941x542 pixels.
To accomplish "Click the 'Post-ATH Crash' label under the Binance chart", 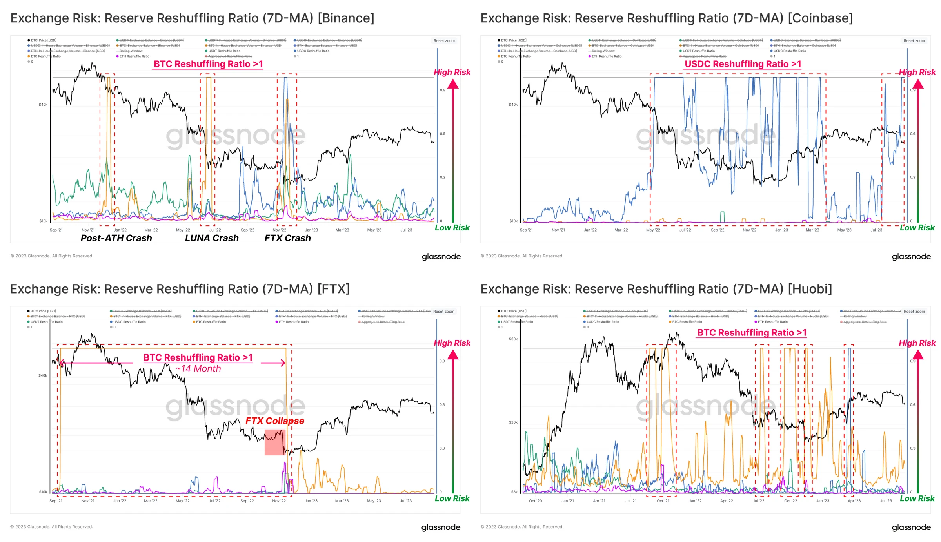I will (116, 238).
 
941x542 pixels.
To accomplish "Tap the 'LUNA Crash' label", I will (212, 238).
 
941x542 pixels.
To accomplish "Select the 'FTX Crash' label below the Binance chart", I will (287, 238).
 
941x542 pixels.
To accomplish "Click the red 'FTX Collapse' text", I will (274, 421).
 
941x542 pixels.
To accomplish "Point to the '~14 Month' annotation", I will (198, 369).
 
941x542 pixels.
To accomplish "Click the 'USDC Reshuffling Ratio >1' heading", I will (743, 64).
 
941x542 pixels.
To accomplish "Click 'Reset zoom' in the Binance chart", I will (444, 41).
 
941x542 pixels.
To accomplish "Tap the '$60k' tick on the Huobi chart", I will (513, 339).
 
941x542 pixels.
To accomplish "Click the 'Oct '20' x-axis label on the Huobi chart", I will (535, 501).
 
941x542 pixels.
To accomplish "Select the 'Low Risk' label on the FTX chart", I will (452, 498).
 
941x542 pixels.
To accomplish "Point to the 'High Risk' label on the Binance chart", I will (452, 72).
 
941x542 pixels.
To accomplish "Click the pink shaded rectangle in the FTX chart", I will (274, 442).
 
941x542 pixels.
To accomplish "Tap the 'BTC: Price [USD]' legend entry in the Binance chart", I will (44, 40).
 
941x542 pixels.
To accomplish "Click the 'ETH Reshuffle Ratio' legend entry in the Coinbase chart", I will (606, 56).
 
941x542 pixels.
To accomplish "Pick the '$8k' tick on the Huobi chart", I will (514, 492).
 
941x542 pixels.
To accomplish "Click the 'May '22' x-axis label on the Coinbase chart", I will (653, 230).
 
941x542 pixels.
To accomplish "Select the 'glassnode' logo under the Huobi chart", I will (911, 527).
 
